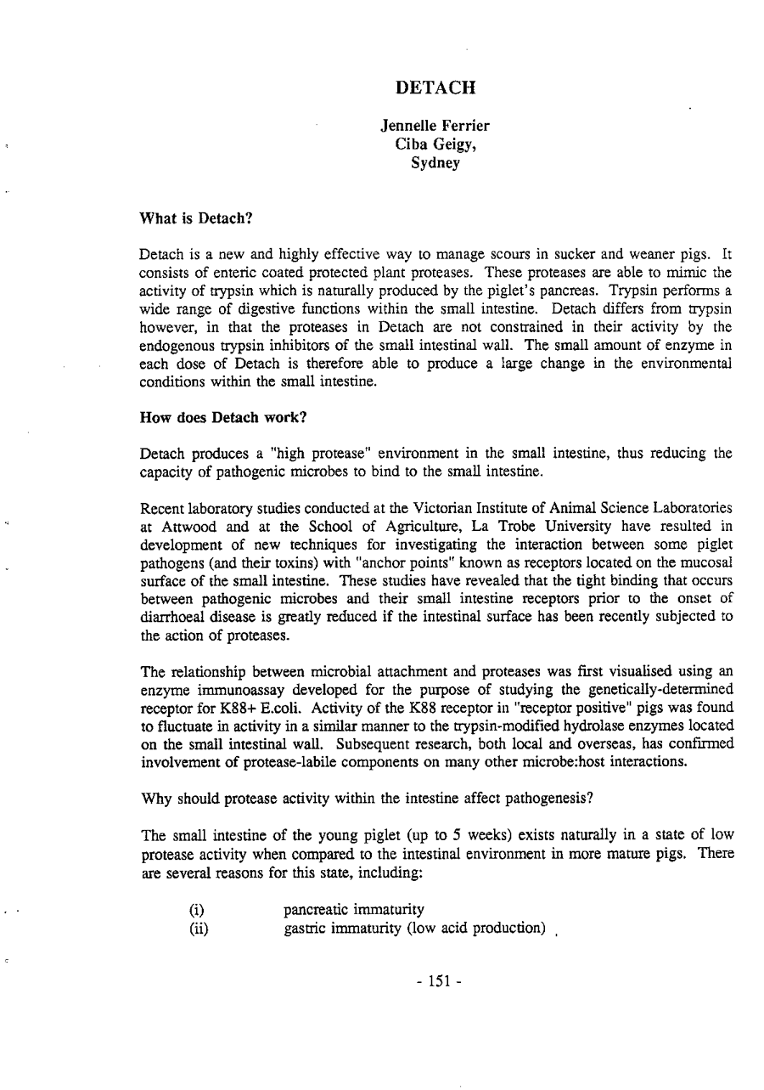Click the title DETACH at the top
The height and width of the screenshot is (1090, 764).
point(436,88)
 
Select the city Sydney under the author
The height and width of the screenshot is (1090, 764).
point(435,162)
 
